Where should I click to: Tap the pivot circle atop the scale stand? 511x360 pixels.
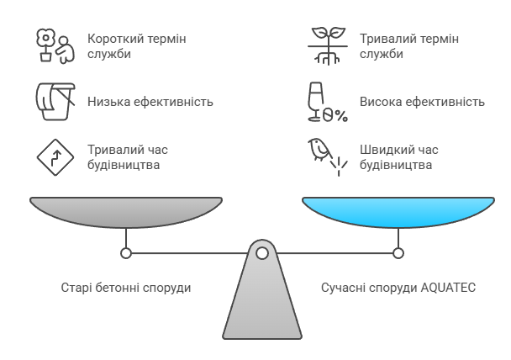[262, 252]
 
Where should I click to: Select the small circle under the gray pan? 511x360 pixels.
[126, 252]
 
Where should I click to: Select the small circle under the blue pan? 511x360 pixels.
[398, 252]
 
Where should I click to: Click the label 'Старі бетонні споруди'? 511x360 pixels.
[126, 288]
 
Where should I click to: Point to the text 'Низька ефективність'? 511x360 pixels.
[150, 102]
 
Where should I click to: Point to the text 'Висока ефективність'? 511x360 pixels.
[422, 102]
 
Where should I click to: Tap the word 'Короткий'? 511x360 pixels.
[115, 39]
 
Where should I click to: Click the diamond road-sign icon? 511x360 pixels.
[53, 156]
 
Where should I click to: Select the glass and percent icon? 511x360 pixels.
[325, 102]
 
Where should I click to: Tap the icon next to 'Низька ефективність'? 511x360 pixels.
[53, 102]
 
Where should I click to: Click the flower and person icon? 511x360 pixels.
[53, 46]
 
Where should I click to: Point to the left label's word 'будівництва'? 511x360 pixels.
[124, 165]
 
